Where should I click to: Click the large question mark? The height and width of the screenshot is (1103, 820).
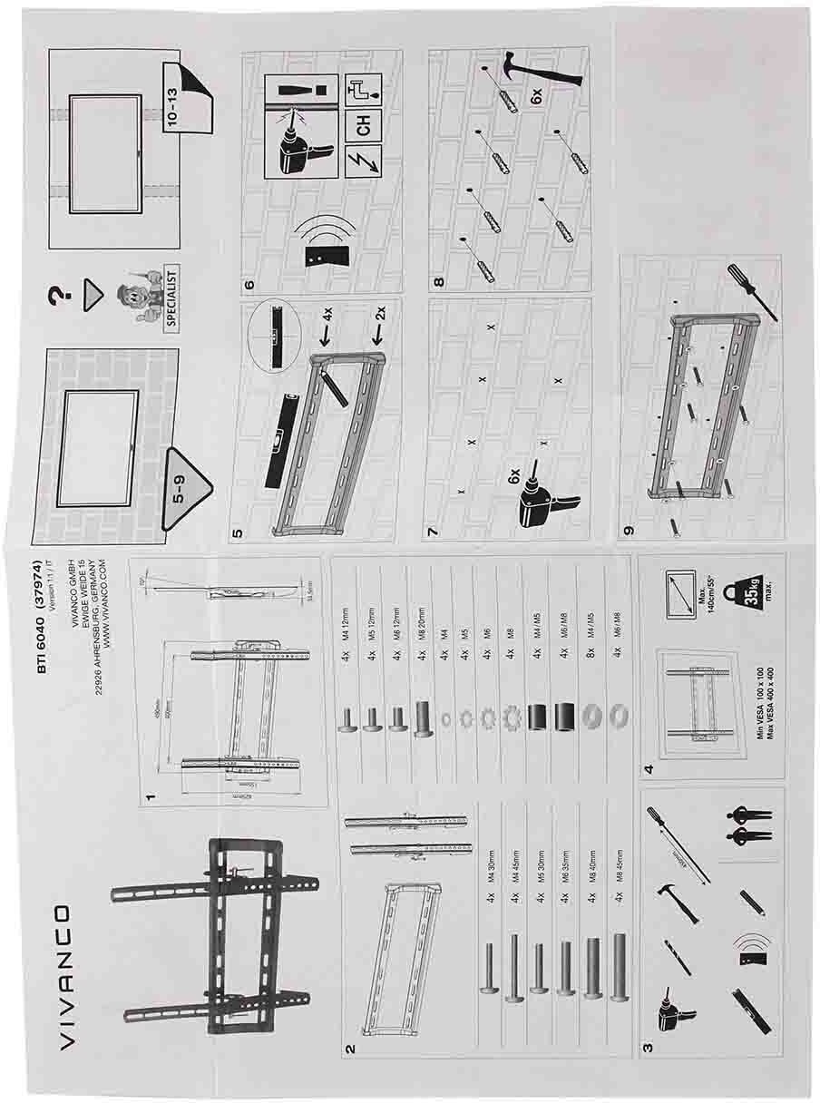tap(59, 298)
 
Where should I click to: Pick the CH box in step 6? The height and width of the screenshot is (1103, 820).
tap(364, 128)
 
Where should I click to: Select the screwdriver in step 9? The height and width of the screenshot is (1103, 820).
tap(752, 289)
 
